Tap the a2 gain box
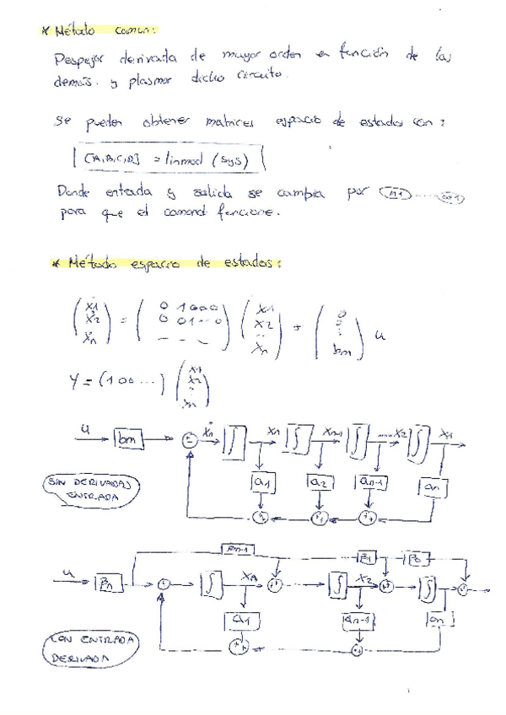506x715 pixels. (x=321, y=482)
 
